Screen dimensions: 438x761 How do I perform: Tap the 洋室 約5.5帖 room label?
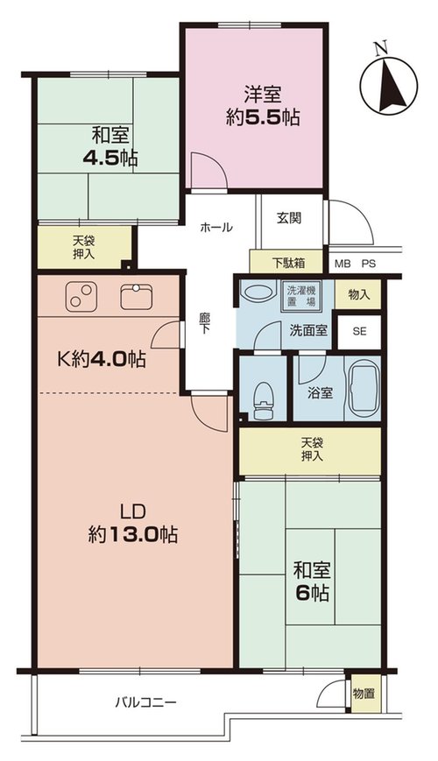pos(263,106)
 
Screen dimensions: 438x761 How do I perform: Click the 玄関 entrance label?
pos(289,218)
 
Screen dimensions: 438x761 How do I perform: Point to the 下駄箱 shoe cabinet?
pos(286,262)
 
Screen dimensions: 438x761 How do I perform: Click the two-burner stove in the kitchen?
pos(81,297)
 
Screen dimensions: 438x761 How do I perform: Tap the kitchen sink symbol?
pos(136,297)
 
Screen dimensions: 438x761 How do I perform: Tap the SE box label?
pos(359,332)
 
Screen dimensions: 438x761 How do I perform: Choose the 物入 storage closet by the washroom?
pos(358,294)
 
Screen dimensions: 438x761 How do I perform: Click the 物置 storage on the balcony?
pos(364,694)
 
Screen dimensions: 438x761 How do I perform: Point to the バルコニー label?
pos(145,701)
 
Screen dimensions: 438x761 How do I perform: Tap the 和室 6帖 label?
pos(311,581)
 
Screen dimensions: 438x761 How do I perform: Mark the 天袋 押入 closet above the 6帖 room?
pos(310,451)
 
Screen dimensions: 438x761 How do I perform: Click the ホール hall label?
pos(216,227)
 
